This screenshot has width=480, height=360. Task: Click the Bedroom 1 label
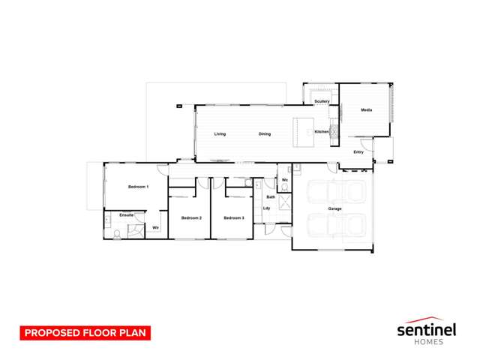coord(138,186)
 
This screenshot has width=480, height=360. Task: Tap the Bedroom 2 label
coord(191,217)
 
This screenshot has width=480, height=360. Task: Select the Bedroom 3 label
coord(234,217)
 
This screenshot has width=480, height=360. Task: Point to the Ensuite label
coord(127,215)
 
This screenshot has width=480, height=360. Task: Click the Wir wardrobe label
coord(155,227)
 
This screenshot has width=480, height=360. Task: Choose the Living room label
coord(220,134)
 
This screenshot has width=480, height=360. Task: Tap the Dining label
coord(265,134)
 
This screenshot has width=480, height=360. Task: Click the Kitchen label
coord(322,132)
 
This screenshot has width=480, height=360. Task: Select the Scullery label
coord(322,101)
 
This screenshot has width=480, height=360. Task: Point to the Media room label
coord(366,110)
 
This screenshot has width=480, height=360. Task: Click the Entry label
coord(358,152)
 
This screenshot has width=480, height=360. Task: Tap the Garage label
coord(334,208)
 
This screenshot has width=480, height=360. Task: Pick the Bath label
coord(270,196)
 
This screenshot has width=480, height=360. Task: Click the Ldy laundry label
coord(267,208)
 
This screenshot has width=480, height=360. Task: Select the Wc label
coord(286,180)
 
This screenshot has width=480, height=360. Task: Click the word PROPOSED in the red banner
coord(50,331)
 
